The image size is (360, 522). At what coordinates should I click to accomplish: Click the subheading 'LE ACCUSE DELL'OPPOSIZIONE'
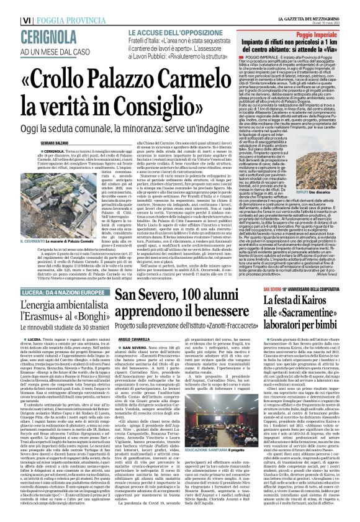click(170, 32)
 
